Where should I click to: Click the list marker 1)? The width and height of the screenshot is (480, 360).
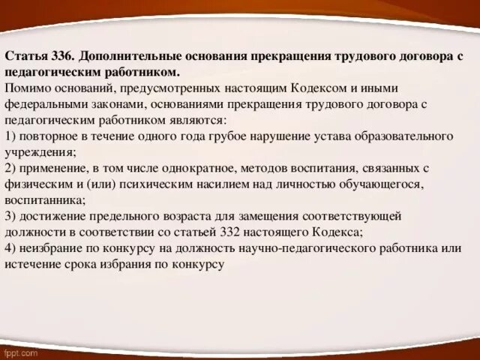pos(10,136)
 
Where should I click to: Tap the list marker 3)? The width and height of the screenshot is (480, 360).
pos(10,215)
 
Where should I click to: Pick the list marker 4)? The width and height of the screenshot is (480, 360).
pos(10,247)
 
